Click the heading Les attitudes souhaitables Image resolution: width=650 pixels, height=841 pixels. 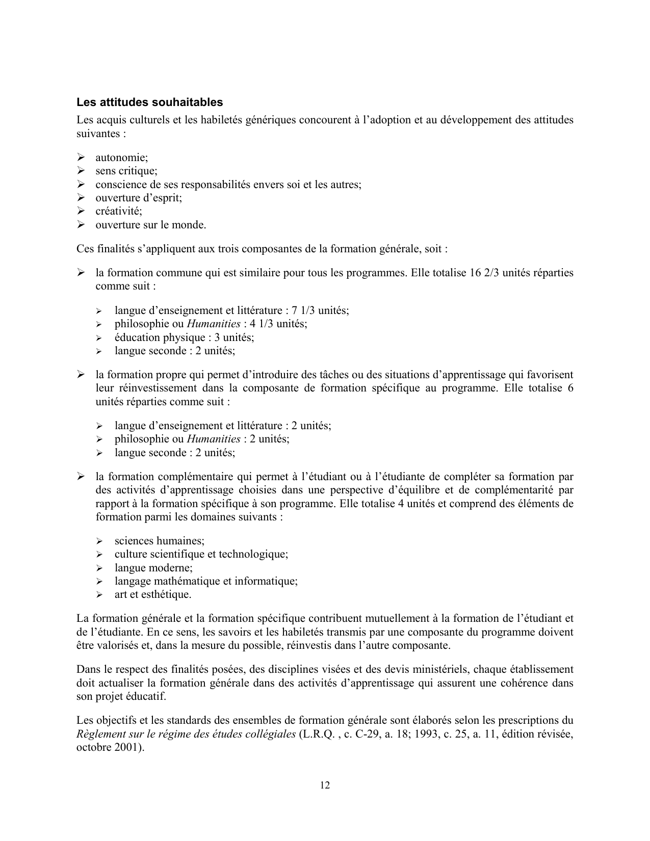(x=149, y=102)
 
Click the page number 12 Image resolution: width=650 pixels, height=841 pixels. (x=325, y=785)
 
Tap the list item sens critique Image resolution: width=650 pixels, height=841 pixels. (x=126, y=171)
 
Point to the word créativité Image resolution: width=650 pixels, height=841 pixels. (x=118, y=211)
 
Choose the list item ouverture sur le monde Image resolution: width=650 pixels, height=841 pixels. (x=151, y=225)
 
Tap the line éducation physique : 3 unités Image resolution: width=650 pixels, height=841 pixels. (x=184, y=337)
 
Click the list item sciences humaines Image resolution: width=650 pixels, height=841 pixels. (x=160, y=541)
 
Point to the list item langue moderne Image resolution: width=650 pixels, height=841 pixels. (x=153, y=568)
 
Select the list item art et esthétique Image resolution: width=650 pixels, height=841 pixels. (x=153, y=594)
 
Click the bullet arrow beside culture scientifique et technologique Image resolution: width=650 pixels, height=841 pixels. (x=100, y=555)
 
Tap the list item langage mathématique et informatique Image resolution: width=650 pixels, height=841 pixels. (x=206, y=581)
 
